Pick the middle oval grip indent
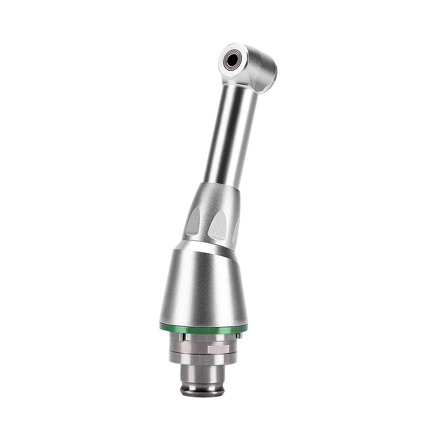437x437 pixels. tap(217, 225)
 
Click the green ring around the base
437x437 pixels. tap(203, 328)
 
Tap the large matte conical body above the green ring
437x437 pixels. tap(203, 284)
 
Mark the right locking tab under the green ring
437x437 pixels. tap(239, 335)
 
